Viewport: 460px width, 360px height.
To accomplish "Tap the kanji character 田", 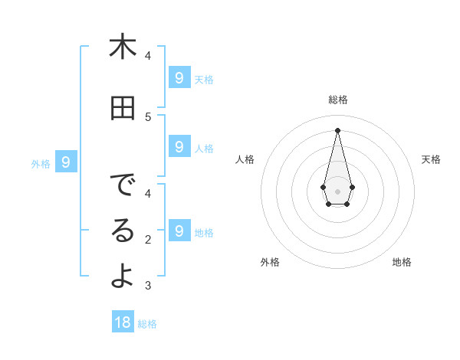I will [123, 109].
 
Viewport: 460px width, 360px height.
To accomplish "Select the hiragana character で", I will [123, 185].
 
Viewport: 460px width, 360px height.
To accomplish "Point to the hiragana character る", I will [123, 231].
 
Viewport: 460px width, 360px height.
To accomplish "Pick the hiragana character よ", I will [123, 277].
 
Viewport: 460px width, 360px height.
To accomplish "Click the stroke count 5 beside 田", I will [148, 116].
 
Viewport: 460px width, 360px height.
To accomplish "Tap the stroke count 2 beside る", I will [148, 240].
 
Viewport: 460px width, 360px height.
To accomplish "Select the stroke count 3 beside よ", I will [148, 286].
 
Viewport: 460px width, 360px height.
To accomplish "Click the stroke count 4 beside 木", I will [148, 55].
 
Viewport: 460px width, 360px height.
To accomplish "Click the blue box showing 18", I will [123, 322].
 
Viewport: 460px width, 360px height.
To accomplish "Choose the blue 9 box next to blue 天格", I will [179, 77].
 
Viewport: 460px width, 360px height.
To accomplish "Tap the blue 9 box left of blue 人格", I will [179, 146].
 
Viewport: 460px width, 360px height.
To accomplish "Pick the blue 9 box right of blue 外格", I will [66, 162].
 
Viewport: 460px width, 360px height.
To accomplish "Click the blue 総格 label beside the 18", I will [147, 324].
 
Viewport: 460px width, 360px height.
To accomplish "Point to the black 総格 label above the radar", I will [337, 100].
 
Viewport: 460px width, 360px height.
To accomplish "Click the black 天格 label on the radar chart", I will [431, 159].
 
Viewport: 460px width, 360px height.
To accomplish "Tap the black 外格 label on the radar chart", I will [270, 262].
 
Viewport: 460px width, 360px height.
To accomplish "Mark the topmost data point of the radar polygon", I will [337, 129].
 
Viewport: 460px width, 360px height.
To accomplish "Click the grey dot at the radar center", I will [337, 191].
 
